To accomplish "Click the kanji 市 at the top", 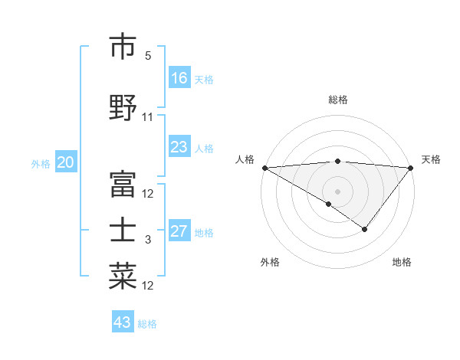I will click(x=123, y=47).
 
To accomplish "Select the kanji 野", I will click(x=123, y=107).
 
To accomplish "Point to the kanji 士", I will click(x=123, y=231).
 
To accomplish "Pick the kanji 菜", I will click(x=123, y=276).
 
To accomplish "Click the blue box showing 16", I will click(x=179, y=78).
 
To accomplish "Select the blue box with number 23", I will click(x=179, y=147).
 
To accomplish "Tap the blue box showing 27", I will click(x=179, y=232).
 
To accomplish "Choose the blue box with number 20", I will click(x=66, y=162).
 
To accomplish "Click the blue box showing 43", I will click(x=123, y=322).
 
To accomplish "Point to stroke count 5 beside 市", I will click(x=148, y=56).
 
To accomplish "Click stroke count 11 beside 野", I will click(x=148, y=117).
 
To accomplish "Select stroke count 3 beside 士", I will click(x=148, y=240).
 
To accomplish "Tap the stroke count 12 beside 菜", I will click(x=148, y=286).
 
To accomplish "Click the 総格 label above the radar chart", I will click(x=337, y=100).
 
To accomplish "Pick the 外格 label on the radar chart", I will click(x=270, y=262).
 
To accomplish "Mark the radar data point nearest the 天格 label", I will click(x=411, y=168).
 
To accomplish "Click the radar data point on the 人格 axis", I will click(x=264, y=168).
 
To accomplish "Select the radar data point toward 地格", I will click(x=365, y=229).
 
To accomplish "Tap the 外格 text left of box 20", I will click(x=40, y=163).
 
